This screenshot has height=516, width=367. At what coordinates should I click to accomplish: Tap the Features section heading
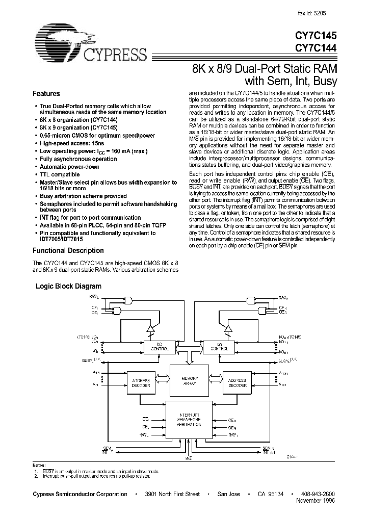point(46,94)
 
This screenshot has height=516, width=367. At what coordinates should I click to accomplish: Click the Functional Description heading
point(68,251)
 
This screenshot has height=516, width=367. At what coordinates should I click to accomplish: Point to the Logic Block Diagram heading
point(68,287)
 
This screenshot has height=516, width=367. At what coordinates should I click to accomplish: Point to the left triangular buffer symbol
point(150,329)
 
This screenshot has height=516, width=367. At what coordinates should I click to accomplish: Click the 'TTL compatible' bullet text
point(60,174)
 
